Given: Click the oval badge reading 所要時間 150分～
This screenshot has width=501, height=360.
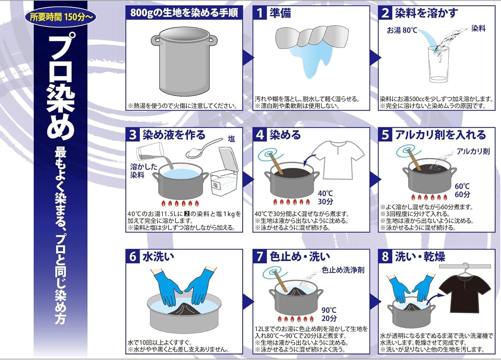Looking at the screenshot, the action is coord(60,17).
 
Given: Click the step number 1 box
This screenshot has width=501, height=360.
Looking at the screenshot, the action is coord(260,13).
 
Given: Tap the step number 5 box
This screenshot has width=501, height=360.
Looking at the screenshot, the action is coord(385,135).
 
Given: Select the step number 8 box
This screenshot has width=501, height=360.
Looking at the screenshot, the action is coord(385,257).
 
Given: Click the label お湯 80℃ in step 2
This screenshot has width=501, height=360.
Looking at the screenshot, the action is coord(402,30).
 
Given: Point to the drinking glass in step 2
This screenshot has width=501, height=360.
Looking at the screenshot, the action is coord(438,64).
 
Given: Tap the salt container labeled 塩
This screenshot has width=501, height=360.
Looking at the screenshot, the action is coord(224,172).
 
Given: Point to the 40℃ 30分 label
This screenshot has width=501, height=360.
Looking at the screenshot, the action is coord(325,197).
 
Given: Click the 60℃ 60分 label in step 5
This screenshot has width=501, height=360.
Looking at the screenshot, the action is coord(462,190).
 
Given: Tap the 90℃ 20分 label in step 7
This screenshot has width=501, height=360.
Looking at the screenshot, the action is coord(329,314).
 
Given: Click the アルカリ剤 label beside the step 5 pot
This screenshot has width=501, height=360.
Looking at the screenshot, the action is coord(473,151).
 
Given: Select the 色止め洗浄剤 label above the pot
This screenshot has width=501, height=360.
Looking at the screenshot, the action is coord(343,270).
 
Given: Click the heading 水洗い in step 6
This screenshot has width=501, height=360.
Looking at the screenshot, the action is coord(158,257).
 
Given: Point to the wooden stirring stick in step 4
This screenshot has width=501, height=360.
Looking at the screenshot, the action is coord(276,163).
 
